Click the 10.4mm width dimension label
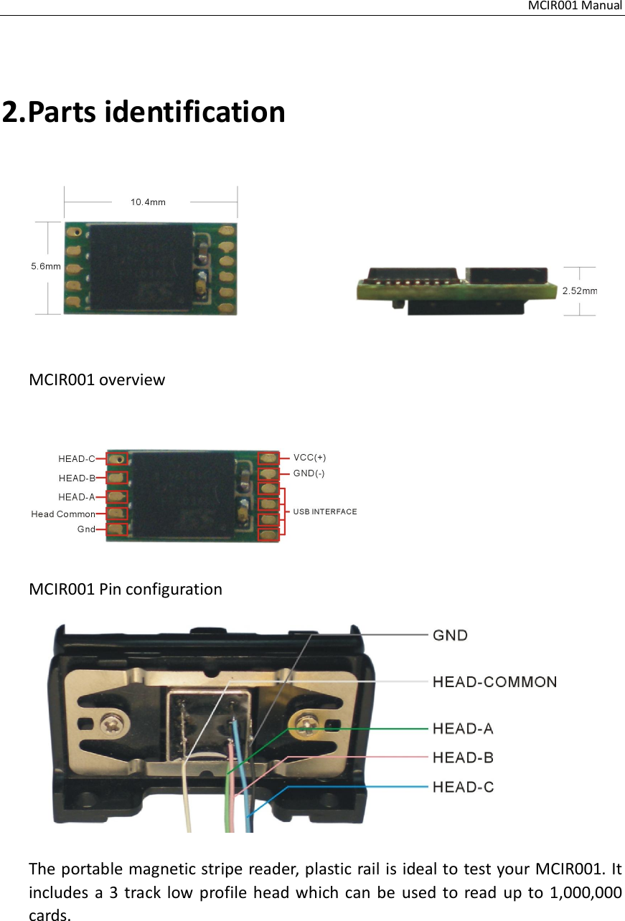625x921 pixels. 148,202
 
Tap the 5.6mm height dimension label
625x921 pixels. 44,266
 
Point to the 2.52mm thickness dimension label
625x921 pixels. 580,291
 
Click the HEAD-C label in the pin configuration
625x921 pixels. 77,458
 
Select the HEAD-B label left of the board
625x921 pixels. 77,478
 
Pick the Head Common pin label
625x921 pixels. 63,514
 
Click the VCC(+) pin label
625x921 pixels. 310,457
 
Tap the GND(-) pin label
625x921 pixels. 309,473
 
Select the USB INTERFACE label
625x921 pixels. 325,511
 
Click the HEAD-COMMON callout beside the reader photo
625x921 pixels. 494,681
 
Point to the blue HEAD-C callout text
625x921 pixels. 463,787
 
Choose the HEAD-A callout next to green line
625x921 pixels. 463,729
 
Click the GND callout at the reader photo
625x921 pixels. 451,635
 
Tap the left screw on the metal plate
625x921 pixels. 113,720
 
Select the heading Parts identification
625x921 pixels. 144,112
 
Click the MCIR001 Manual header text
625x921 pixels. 575,6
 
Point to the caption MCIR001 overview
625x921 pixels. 97,379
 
